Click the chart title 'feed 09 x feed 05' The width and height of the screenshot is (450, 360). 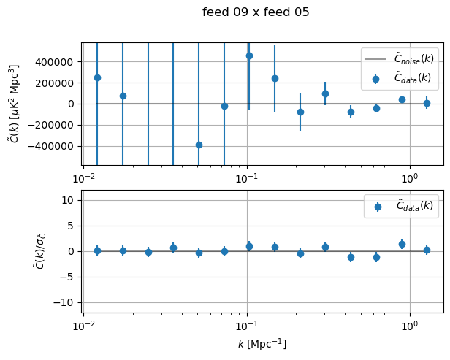(x=256, y=12)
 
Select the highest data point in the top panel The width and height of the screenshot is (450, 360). (x=249, y=55)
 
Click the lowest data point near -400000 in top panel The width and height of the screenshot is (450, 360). (x=199, y=145)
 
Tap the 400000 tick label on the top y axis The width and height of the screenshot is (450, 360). (x=60, y=62)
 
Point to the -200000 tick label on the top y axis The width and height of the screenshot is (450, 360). (x=57, y=125)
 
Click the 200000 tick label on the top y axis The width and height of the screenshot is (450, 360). (x=60, y=83)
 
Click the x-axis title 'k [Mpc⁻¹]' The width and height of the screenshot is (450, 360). (x=262, y=344)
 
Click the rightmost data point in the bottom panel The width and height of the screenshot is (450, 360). (x=427, y=250)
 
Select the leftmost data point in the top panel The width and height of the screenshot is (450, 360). (x=97, y=77)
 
